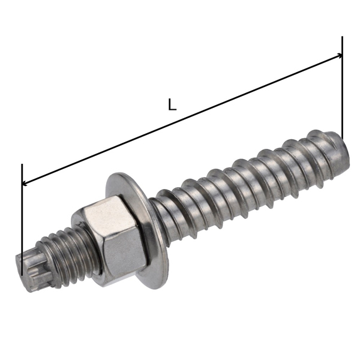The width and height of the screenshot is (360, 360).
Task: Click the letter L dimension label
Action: click(x=172, y=104)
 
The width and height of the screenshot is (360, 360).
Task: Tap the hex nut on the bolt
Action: click(x=110, y=241)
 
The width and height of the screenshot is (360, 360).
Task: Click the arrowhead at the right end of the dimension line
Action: click(x=340, y=55)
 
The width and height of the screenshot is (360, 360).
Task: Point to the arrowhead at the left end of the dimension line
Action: click(x=25, y=183)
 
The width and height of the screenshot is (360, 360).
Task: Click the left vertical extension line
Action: click(x=22, y=220)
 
